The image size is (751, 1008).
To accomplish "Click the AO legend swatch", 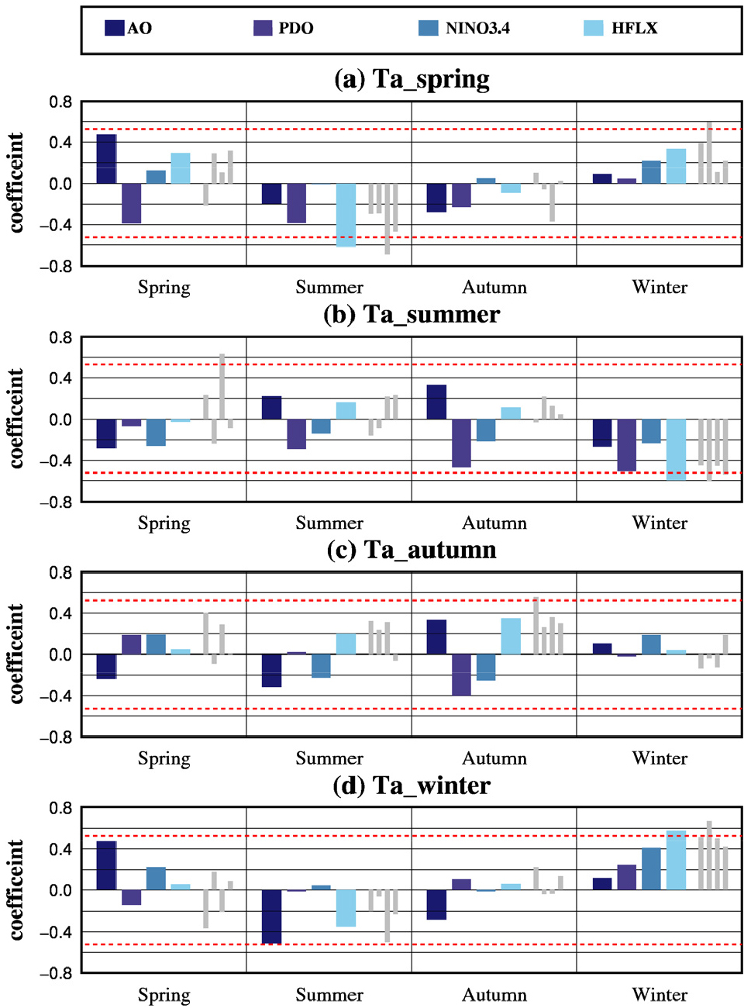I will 115,28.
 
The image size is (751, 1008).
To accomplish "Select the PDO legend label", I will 296,29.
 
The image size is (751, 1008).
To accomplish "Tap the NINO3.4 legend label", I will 477,29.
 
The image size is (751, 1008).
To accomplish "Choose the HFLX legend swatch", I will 593,28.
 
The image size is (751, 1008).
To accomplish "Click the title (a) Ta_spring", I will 412,79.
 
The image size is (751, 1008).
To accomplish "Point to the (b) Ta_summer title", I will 412,314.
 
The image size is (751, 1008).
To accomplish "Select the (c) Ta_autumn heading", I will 412,550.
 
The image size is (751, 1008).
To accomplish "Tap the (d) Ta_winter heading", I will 412,785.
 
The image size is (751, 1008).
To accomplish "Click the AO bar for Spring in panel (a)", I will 107,159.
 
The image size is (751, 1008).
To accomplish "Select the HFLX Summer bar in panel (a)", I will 346,215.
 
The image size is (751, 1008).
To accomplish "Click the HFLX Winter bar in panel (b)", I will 676,449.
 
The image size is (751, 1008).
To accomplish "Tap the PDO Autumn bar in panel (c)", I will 461,675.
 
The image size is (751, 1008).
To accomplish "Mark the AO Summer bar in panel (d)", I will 271,917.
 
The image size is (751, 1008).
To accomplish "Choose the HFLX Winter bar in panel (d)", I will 676,861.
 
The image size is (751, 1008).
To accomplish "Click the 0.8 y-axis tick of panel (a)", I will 60,102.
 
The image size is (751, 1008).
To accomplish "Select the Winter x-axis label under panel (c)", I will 660,758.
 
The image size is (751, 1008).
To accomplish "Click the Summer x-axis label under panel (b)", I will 329,523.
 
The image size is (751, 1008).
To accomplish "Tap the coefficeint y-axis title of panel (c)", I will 16,654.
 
